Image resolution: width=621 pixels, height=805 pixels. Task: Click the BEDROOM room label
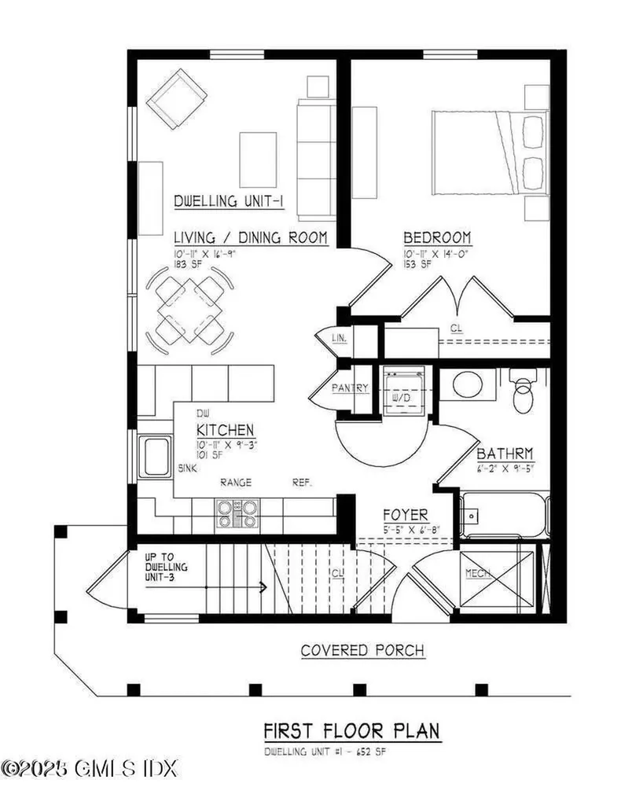[437, 237]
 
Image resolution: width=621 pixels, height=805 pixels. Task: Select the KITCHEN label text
[225, 430]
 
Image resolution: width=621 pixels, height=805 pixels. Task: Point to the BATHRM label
[505, 454]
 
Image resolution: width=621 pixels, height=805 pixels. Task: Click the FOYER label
[405, 514]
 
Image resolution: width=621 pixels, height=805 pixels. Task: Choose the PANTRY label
[351, 388]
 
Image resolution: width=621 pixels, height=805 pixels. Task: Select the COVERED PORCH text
[362, 650]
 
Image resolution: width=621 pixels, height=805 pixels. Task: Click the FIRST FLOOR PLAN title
[351, 730]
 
